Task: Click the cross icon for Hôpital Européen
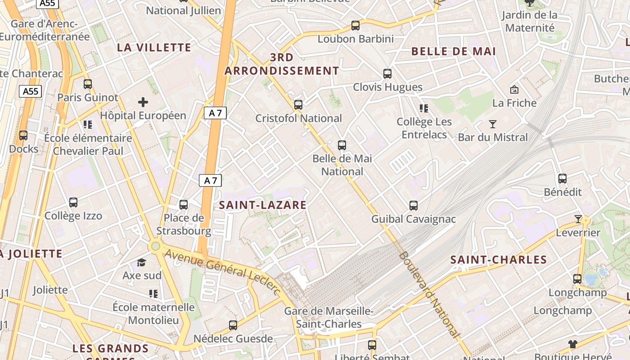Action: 143,102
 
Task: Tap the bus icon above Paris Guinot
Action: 88,84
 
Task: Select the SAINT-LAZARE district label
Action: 262,205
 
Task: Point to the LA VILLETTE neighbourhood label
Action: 154,47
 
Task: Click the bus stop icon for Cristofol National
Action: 298,105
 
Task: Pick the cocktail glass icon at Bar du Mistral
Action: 493,124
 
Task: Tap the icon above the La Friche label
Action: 514,90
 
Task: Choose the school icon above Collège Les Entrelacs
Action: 423,108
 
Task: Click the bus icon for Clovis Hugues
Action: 387,74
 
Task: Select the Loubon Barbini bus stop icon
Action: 355,26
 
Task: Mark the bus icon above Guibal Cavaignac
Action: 414,206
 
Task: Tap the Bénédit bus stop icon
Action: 562,179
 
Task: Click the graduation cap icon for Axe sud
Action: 142,262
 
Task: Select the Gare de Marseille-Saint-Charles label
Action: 328,317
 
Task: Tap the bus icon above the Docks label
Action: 23,135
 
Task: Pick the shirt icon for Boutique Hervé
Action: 572,344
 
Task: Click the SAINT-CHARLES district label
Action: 499,260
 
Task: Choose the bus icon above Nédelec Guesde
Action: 233,325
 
